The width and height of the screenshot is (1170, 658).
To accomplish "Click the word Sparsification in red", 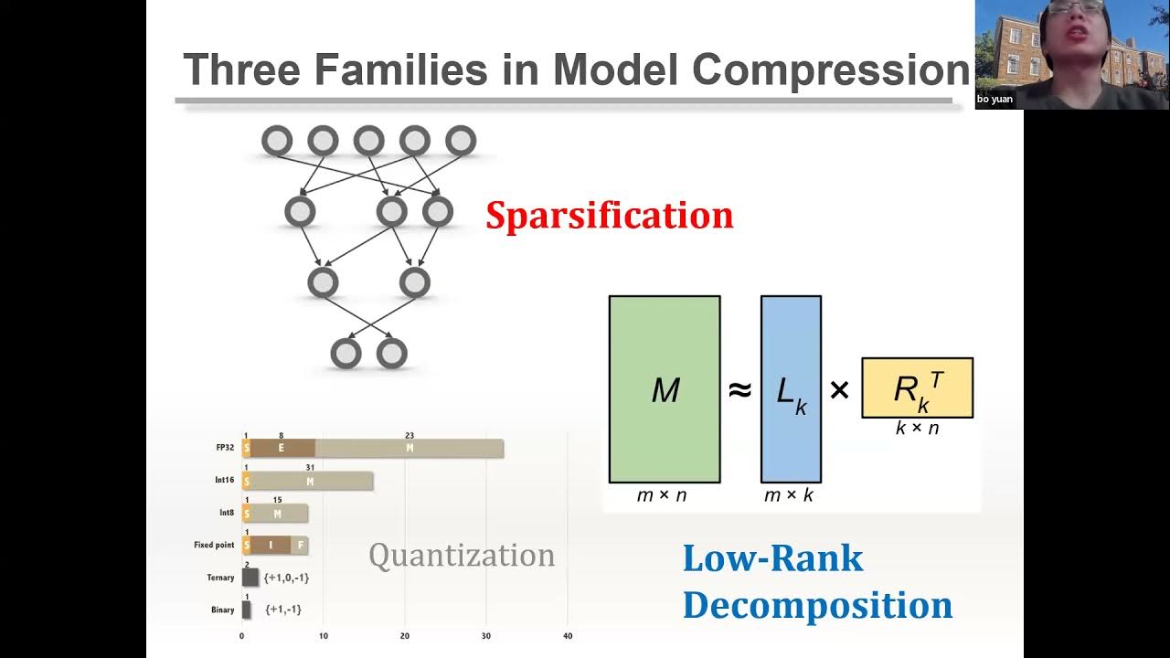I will tap(609, 216).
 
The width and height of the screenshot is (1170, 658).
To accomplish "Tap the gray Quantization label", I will tap(462, 555).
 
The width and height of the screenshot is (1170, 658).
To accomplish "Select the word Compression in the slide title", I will tap(830, 69).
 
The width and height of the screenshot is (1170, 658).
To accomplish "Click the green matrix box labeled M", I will tap(665, 389).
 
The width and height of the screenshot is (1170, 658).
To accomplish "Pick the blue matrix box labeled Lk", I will tap(791, 389).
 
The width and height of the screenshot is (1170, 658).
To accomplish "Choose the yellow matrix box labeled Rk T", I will tap(917, 388).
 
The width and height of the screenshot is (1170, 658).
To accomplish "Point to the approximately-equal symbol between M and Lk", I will tap(739, 390).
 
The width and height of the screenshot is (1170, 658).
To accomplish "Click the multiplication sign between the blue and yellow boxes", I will tap(839, 390).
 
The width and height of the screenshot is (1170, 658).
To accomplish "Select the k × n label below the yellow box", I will tap(917, 428).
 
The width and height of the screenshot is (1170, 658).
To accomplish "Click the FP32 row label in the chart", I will tap(226, 448).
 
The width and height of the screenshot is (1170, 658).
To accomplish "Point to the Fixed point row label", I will tap(214, 545).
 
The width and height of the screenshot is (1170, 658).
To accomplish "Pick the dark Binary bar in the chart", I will tap(246, 610).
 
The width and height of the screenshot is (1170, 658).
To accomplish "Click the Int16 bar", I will tap(308, 481).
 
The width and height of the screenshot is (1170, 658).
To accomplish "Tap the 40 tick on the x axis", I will tap(568, 636).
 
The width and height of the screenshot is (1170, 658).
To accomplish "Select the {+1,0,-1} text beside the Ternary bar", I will tap(286, 578).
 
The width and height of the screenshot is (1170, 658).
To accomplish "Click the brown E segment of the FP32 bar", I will tap(282, 448).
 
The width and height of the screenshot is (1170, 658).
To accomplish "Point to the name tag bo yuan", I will tap(995, 99).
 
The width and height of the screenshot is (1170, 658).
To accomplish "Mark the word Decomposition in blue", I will tap(817, 606).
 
